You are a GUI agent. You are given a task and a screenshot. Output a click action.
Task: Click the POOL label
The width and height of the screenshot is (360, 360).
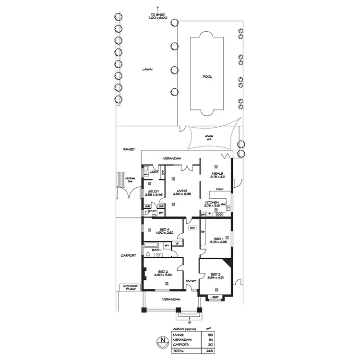click(x=207, y=76)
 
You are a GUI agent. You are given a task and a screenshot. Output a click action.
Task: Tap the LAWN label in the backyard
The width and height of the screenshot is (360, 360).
click(x=147, y=70)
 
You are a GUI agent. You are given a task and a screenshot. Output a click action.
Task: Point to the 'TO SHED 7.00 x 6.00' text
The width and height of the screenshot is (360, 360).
click(x=158, y=17)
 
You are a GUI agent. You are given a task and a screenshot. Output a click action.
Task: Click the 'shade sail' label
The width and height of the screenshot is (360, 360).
click(x=209, y=138)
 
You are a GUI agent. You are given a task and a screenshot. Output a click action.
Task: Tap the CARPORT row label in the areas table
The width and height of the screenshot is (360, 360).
click(x=180, y=345)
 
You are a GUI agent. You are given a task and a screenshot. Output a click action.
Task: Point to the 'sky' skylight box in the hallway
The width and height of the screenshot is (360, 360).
click(x=192, y=228)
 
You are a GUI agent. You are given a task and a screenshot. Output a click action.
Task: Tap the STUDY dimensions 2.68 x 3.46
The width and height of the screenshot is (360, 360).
click(x=154, y=195)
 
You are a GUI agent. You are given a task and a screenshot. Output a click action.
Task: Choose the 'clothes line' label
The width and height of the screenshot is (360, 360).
click(x=130, y=180)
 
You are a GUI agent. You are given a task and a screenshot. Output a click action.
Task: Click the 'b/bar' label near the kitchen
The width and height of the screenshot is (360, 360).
click(x=220, y=189)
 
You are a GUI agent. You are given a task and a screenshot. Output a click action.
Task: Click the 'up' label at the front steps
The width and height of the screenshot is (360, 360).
click(x=190, y=322)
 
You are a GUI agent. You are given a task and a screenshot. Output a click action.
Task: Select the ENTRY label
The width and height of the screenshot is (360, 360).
click(x=191, y=281)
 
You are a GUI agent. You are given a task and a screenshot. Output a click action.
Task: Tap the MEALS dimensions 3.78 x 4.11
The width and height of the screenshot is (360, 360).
click(x=215, y=177)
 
